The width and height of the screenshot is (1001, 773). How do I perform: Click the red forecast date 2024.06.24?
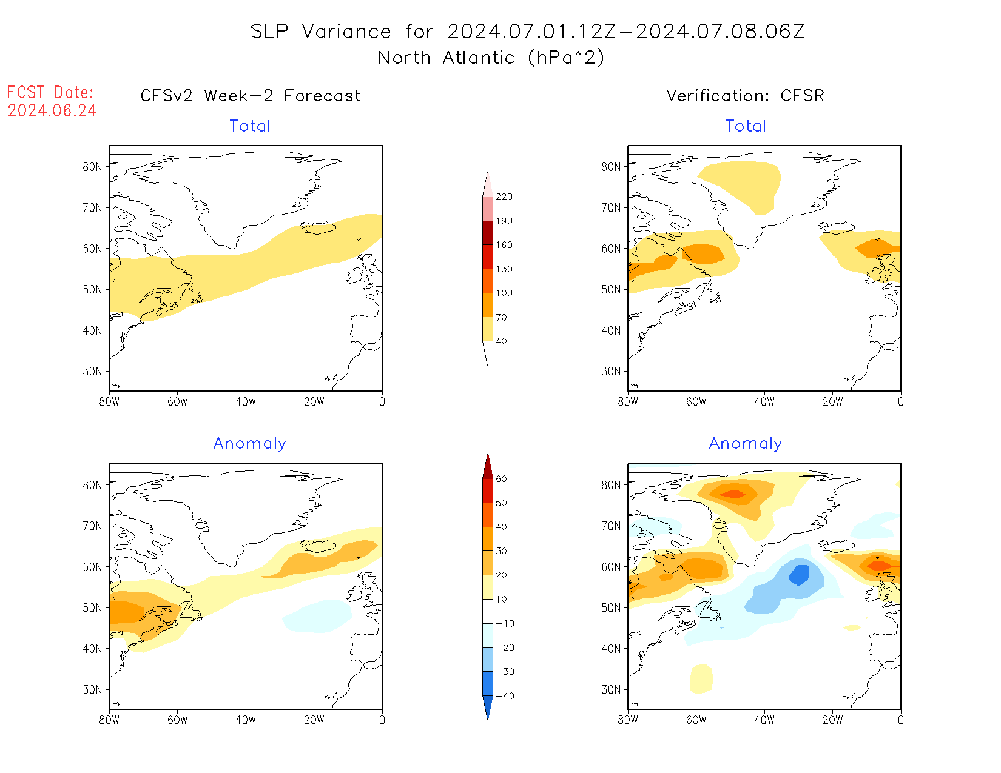coord(52,111)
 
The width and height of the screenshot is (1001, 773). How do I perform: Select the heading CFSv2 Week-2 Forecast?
coord(250,96)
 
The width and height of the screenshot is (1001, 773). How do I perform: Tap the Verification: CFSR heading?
coord(745,96)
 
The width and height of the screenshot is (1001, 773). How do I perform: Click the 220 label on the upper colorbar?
coord(504,197)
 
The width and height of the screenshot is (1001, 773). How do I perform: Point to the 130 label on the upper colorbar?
coord(504,269)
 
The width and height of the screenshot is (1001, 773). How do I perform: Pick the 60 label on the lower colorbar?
coord(501,479)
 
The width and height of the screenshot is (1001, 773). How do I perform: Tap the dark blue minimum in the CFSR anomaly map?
coord(799,574)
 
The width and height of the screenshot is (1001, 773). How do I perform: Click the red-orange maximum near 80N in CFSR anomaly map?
coord(734,494)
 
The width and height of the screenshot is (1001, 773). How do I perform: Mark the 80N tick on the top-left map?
coord(92,167)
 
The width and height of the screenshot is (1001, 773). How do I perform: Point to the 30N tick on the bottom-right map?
coord(611,690)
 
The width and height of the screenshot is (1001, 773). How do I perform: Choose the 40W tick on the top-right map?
coord(764,401)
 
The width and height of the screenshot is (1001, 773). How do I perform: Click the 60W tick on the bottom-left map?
coord(177,720)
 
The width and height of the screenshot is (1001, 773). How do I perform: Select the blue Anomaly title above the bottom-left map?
coord(249,444)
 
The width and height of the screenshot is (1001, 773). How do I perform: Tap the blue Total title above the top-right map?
coord(746,126)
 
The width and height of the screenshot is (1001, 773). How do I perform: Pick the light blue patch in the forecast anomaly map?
coord(317,616)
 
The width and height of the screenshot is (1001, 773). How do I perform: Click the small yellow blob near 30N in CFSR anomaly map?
coord(701,678)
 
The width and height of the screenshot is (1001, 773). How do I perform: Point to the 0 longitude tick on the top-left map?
coord(382,401)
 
